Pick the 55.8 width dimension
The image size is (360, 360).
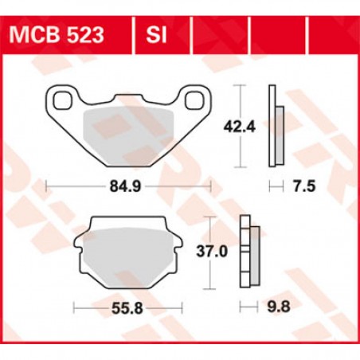(x=129, y=307)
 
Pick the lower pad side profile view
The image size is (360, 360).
(x=248, y=252)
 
